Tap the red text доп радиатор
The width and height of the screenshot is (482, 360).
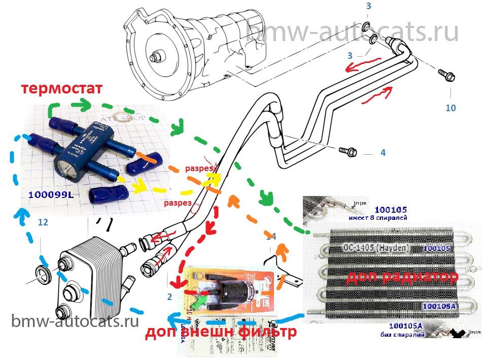(x=402, y=277)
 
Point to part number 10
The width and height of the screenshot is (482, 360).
(x=451, y=108)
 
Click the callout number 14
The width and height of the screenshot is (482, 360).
(x=271, y=236)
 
